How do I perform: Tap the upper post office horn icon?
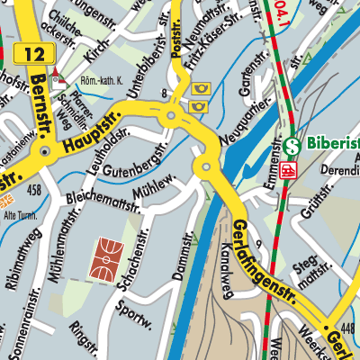198,89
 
